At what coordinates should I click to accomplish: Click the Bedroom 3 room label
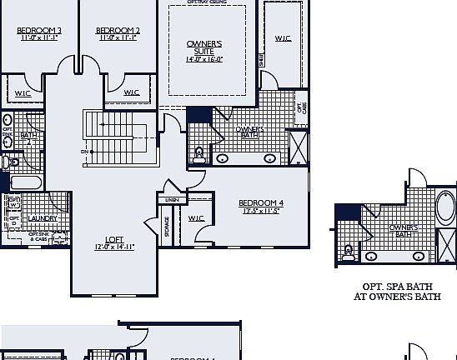(33, 31)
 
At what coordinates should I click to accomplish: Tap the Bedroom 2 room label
(118, 31)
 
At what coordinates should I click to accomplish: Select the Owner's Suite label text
(204, 47)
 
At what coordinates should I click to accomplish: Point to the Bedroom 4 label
(261, 203)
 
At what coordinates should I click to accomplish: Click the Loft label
(114, 239)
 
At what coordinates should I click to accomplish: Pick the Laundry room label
(42, 218)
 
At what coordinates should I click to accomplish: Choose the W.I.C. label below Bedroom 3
(23, 92)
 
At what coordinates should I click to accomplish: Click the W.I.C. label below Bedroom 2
(131, 92)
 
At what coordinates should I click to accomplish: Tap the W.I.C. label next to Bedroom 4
(196, 219)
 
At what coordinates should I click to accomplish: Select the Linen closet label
(172, 200)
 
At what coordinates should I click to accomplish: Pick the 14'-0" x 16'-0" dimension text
(204, 59)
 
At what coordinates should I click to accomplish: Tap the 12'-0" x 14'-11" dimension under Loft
(114, 247)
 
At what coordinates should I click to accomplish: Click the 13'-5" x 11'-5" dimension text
(261, 212)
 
